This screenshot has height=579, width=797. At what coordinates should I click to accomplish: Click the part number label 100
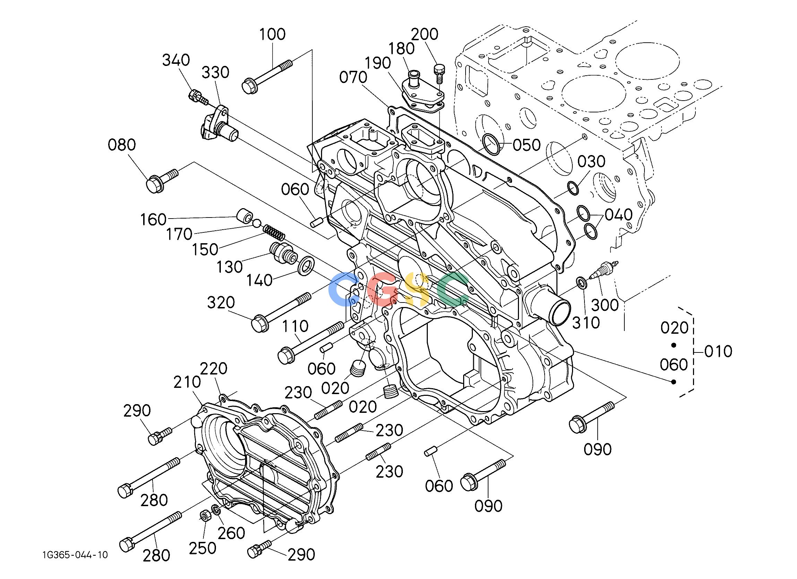point(272,34)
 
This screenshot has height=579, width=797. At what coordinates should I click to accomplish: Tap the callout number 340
point(176,60)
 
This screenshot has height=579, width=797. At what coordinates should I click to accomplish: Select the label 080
point(122,145)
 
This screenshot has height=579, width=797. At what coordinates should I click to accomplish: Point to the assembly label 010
point(718,351)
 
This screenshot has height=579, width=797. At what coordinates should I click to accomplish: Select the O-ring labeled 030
point(573,188)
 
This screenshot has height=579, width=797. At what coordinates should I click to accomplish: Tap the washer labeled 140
point(305,266)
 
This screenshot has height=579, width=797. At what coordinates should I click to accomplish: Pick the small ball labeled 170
point(257,223)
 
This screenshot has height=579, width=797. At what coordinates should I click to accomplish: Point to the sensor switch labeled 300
point(603,271)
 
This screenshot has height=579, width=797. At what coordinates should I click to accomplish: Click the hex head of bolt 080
point(154,184)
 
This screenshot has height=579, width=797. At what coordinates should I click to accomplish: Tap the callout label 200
point(425,34)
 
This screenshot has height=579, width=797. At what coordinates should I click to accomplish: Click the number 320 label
point(221,303)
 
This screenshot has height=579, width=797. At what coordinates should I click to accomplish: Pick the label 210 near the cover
point(187,382)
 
